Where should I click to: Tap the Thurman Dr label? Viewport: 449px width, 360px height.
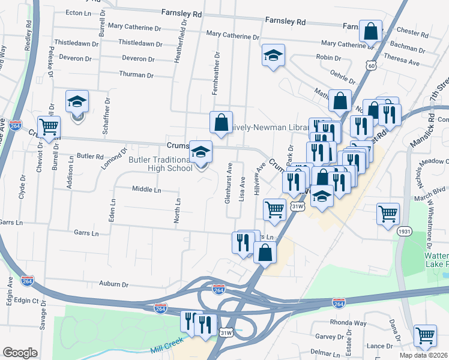137,75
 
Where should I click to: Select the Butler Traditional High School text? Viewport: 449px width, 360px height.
160,164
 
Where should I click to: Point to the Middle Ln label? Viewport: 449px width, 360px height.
146,190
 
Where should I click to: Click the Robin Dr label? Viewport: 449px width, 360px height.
328,58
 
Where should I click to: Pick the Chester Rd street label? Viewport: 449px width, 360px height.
411,31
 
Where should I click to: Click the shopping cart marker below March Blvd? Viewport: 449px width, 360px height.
388,213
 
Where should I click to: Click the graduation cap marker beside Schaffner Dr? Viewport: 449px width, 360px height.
77,102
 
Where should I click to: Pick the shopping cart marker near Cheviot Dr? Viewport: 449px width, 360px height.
49,126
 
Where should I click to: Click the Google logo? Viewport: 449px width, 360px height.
20,353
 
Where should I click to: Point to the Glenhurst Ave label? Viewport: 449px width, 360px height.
228,182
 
